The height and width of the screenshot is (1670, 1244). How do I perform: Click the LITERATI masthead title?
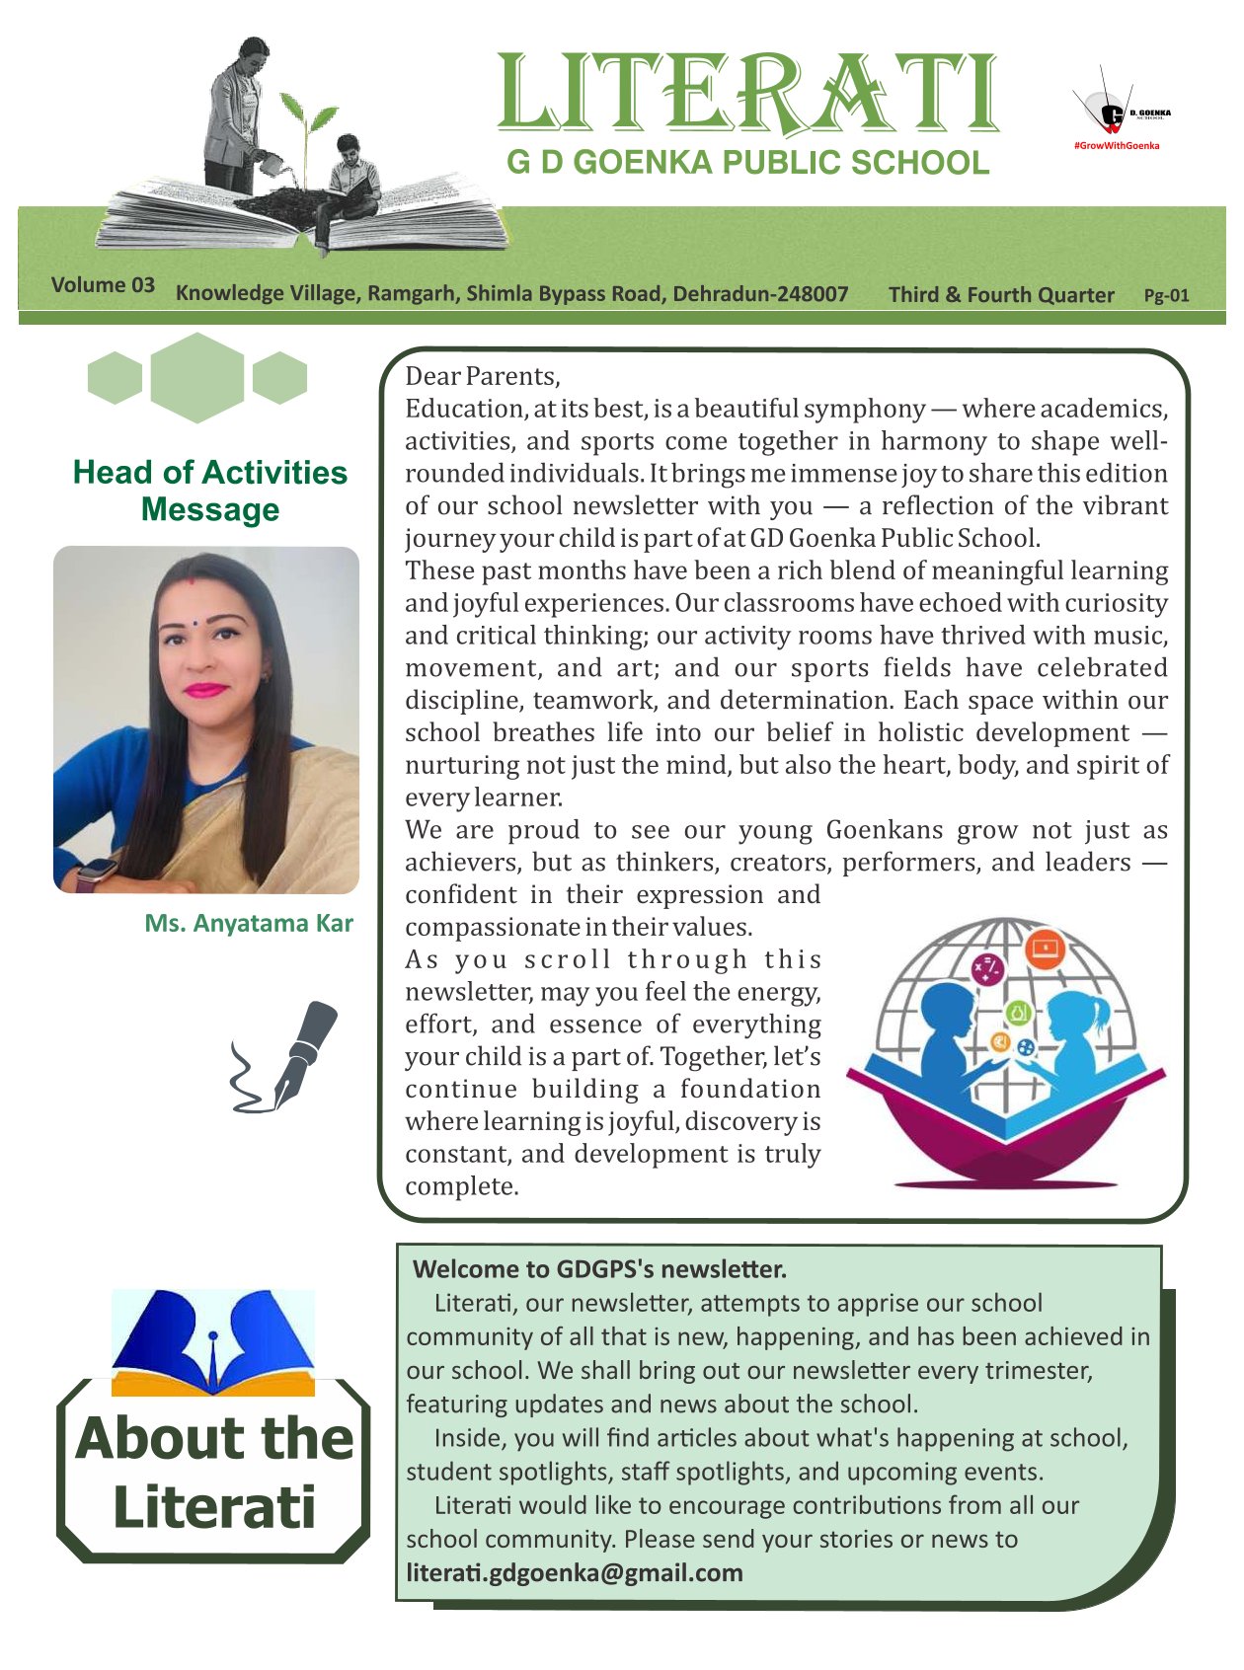(747, 94)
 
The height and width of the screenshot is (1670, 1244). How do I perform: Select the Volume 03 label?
(103, 285)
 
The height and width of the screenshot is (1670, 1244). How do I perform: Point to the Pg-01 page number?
(1166, 295)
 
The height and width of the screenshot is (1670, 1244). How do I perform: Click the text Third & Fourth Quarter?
(1000, 294)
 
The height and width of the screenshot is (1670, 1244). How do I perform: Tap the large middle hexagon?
(197, 378)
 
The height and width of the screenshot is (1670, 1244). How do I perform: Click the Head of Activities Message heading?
(209, 491)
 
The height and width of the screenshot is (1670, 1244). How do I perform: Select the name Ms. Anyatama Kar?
(248, 923)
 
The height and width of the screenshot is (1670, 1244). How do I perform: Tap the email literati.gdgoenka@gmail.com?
(575, 1572)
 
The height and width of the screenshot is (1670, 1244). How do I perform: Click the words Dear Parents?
(482, 376)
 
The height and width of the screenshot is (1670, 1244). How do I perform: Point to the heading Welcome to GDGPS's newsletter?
(598, 1268)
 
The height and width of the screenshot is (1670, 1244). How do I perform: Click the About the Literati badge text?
(213, 1472)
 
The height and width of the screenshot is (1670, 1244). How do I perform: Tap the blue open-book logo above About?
(213, 1342)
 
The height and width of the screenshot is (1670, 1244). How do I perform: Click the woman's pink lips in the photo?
(204, 690)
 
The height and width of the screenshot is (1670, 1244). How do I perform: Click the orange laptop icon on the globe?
(1043, 949)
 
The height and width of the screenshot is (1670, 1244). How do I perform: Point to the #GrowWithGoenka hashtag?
(1116, 146)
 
